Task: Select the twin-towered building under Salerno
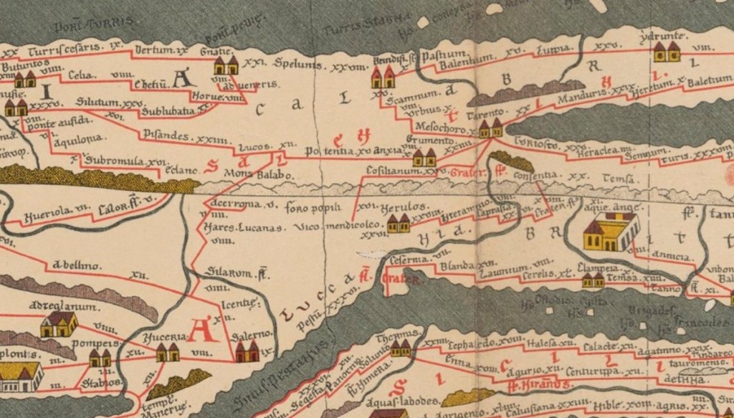pyautogui.click(x=247, y=352)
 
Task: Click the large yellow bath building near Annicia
pyautogui.click(x=611, y=234)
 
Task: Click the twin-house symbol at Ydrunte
pyautogui.click(x=667, y=51)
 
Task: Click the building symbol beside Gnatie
pyautogui.click(x=226, y=67)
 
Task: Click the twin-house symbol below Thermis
pyautogui.click(x=401, y=349)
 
